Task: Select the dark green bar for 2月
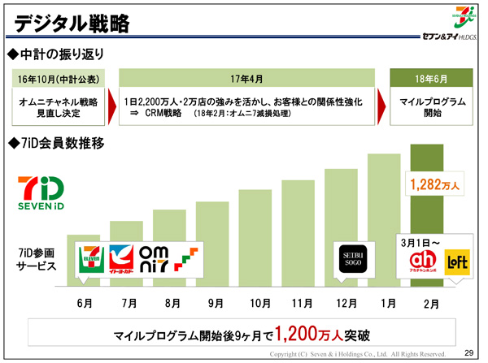click(432, 227)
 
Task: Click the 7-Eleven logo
click(89, 260)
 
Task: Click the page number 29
click(468, 353)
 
